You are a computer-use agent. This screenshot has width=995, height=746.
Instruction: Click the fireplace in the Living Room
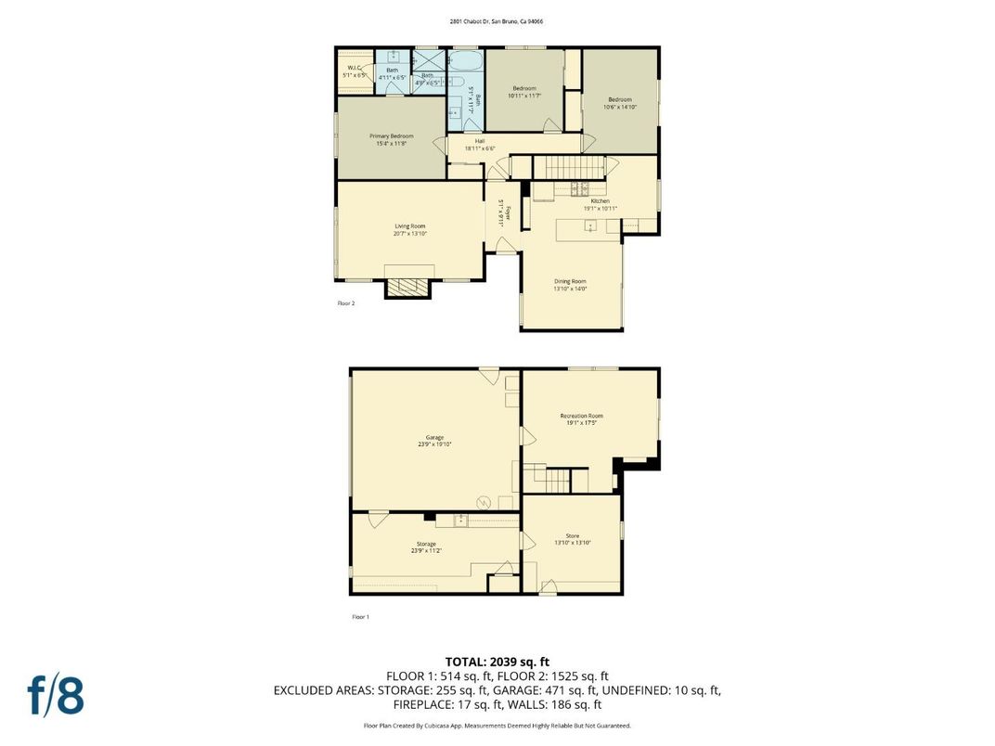(408, 288)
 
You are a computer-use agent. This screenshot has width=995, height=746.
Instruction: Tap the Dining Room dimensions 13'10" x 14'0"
(571, 289)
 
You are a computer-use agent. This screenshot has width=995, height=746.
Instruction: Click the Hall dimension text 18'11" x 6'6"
(480, 148)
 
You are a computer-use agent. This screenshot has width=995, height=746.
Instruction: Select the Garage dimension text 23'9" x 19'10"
(434, 444)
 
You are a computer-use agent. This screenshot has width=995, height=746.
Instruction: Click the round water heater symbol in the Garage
(483, 503)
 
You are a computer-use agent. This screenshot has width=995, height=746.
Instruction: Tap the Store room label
(573, 535)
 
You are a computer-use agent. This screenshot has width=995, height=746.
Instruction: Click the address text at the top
(497, 20)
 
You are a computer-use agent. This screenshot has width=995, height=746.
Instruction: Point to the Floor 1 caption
(360, 617)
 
